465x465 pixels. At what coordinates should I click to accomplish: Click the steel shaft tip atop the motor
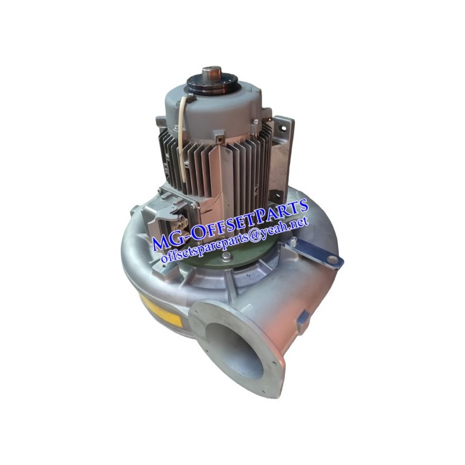pyautogui.click(x=212, y=71)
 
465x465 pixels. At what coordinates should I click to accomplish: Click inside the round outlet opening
pyautogui.click(x=234, y=350)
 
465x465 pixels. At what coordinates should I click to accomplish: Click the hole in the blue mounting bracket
pyautogui.click(x=332, y=260)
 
